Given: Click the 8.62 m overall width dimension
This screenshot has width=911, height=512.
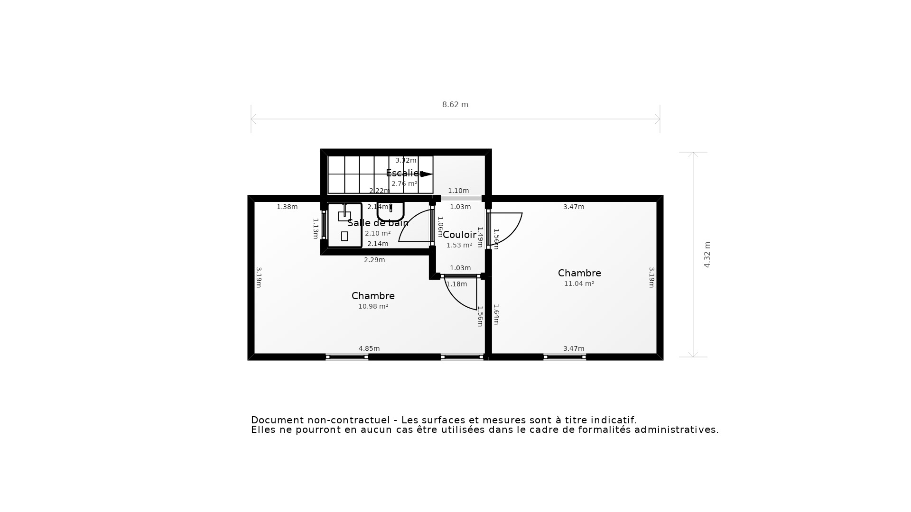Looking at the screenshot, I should point(455,105).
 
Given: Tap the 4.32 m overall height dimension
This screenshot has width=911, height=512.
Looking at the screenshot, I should point(707,255).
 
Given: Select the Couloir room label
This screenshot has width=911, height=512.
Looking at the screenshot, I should point(459,235).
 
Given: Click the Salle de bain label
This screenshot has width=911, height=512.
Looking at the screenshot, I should point(378,223).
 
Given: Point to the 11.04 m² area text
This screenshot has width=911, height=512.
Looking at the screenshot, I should point(579,283).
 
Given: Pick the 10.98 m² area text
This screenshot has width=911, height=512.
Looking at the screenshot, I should point(373,306).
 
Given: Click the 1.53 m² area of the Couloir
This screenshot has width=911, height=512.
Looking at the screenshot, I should point(459,245).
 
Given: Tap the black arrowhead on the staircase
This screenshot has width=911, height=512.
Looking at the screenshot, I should point(427,174).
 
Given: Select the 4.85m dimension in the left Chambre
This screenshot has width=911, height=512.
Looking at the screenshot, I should point(369,348).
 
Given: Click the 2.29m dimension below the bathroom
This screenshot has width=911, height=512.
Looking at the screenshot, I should point(374,260).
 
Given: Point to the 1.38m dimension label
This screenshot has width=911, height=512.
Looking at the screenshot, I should point(287,207).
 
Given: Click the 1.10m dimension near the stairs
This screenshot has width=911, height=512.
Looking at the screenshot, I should point(458,191).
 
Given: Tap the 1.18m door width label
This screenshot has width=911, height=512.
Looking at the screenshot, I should point(457,284).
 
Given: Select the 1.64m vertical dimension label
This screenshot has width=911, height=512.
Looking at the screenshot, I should point(496,314).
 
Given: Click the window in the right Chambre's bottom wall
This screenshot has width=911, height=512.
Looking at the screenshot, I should point(565,357).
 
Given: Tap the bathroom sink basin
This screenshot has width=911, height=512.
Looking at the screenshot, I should point(390,212).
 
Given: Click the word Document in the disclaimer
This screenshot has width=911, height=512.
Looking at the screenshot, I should point(278,420).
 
